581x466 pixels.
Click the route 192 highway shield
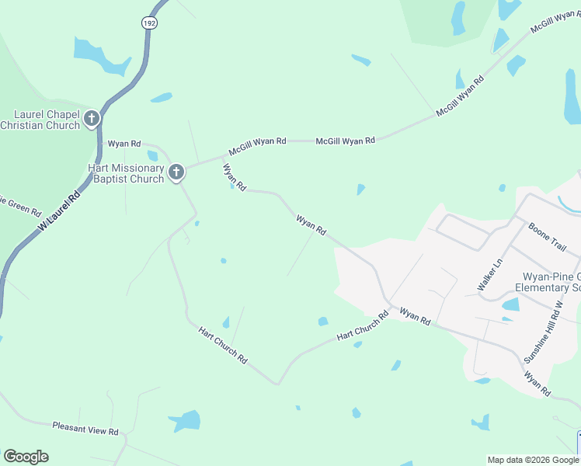148,23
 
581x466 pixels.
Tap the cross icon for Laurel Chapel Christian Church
92,119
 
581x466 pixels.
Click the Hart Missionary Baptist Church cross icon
176,172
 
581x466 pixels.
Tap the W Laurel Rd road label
59,210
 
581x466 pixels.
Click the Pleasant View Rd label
85,427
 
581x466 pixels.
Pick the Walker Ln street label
490,276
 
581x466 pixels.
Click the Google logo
26,457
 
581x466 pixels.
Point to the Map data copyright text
534,460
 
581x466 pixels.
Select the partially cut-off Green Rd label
19,208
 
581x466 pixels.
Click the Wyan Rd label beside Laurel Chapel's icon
124,144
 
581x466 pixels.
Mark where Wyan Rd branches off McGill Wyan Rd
223,156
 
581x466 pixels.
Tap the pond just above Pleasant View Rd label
186,421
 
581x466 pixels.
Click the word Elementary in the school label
548,288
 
